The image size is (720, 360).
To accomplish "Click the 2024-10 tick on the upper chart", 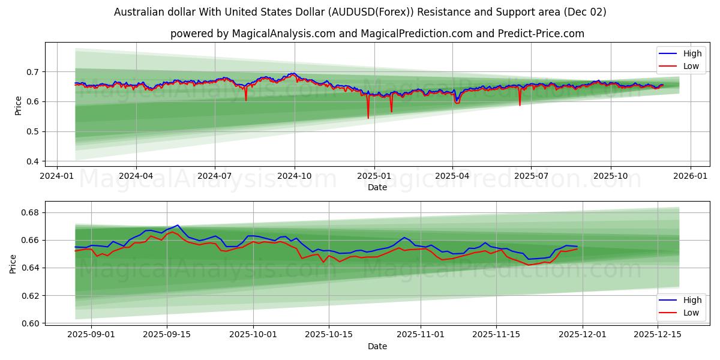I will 294,176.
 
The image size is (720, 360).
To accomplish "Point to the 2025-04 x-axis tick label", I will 452,176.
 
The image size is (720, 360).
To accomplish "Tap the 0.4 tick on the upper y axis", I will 32,162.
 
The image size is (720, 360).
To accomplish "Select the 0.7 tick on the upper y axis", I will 32,72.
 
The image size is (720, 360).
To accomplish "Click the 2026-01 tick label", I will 690,176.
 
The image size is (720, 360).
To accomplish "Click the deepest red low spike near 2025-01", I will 368,118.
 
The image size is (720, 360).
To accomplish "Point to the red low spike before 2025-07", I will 520,105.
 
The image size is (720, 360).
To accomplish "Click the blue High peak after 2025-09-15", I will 177,225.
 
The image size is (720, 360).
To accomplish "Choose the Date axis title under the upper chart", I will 377,187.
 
